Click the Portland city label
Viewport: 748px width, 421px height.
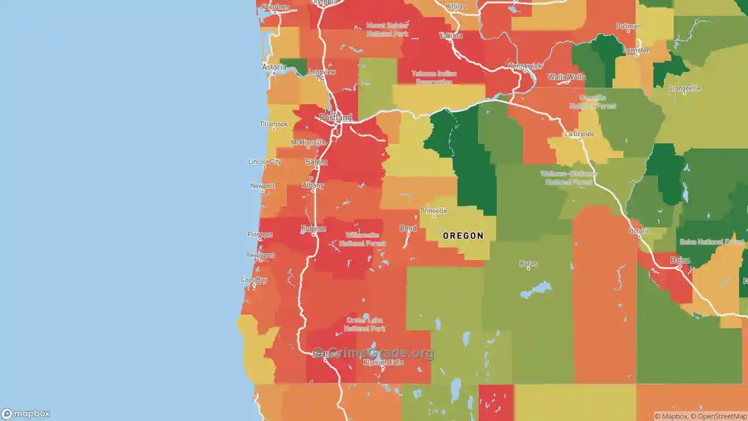[336, 118]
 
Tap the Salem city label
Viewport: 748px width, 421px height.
[316, 162]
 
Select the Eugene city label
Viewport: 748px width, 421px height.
[313, 229]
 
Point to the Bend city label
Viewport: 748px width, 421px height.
[408, 228]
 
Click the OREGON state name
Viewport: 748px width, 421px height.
[463, 236]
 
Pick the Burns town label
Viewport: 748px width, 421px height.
[528, 264]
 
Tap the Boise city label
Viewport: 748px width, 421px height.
[680, 260]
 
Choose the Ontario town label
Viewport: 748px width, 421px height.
[639, 232]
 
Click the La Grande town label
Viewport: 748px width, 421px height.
[580, 134]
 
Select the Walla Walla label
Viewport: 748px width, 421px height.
[566, 77]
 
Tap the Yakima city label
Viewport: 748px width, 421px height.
[451, 36]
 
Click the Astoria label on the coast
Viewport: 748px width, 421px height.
[274, 67]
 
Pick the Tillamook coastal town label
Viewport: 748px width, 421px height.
[274, 124]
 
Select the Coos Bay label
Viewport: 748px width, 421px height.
[254, 280]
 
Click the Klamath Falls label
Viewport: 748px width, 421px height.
[383, 363]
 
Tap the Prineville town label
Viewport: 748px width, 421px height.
[434, 211]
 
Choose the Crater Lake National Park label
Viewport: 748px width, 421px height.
[365, 325]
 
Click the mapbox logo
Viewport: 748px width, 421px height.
[26, 414]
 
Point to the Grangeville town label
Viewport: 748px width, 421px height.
[684, 89]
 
